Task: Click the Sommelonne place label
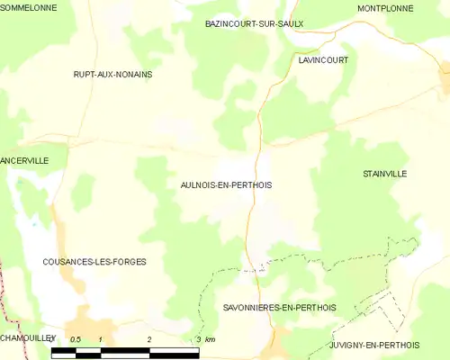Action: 30,7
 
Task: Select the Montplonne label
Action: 384,8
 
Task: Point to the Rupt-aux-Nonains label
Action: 112,75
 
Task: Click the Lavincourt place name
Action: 323,59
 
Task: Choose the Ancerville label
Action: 24,159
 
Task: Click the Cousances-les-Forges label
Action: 94,261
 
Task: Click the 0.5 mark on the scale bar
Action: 76,339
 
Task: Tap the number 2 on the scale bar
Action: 149,339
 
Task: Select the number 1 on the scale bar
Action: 101,339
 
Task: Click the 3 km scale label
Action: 205,339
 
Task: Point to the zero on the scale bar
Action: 52,339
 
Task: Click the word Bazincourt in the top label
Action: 230,23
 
